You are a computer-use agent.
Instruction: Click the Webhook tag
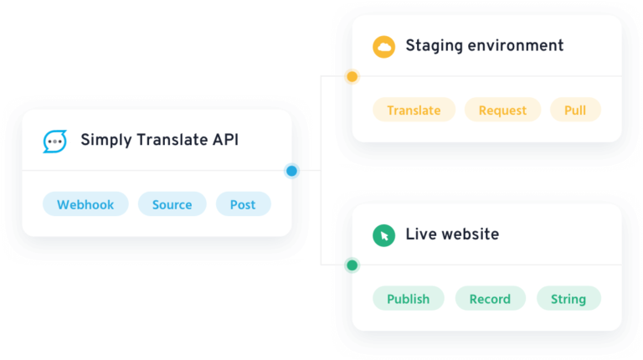(x=85, y=204)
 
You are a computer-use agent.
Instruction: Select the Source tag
(x=172, y=204)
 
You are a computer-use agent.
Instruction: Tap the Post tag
(x=243, y=204)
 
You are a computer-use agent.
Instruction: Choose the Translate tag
(x=414, y=110)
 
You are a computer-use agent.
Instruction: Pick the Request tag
(x=502, y=110)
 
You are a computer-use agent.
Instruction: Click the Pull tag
(x=575, y=110)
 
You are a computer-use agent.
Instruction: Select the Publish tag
(x=408, y=299)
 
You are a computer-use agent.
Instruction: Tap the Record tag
(x=490, y=299)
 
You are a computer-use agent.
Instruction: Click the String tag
(x=568, y=299)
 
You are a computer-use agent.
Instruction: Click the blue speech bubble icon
(x=55, y=141)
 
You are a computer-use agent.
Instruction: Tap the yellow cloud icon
(x=383, y=46)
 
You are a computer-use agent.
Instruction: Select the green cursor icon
(x=383, y=235)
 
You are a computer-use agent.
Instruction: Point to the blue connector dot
(x=292, y=171)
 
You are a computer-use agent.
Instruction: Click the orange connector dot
(x=351, y=77)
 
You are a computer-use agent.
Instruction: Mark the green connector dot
(x=351, y=265)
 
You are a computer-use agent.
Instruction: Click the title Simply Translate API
(x=159, y=140)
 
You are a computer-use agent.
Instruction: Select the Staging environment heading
(x=484, y=45)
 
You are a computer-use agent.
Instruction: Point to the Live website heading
(x=452, y=234)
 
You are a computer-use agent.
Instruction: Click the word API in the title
(x=224, y=140)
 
